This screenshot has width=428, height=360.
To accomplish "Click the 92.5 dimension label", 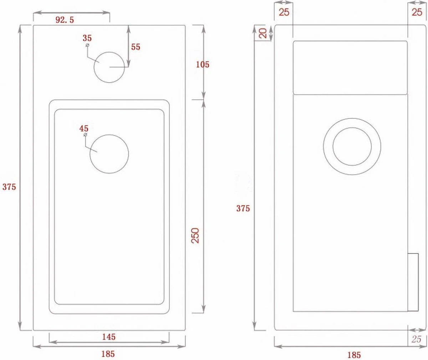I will (x=65, y=20).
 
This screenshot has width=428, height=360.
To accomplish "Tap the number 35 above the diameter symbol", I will (x=87, y=38).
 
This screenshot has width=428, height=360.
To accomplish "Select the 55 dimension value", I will (x=136, y=47).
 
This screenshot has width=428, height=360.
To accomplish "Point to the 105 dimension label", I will (x=203, y=64).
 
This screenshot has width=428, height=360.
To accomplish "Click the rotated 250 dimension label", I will (x=195, y=235).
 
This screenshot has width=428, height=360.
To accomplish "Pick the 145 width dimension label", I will (x=109, y=336).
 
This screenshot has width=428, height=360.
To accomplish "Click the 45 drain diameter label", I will (x=84, y=128).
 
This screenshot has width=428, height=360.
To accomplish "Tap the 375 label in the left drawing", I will (x=9, y=186).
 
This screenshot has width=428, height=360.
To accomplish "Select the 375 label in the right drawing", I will (x=243, y=208).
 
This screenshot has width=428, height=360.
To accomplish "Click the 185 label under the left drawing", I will (x=108, y=354).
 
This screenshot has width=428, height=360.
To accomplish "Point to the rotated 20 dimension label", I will (x=263, y=33).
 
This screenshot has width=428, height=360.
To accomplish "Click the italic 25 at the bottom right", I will (x=416, y=339).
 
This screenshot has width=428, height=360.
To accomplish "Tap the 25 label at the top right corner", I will (x=417, y=12).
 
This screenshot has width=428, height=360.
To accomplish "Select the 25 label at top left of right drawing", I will (x=284, y=12).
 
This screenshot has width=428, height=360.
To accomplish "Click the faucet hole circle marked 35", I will (x=109, y=67).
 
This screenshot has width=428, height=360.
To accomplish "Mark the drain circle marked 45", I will (x=109, y=154).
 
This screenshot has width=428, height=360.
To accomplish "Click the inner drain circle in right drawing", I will (x=352, y=146).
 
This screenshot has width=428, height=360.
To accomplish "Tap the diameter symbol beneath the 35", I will (x=87, y=46).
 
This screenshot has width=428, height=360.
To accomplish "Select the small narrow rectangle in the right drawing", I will (x=413, y=282).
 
